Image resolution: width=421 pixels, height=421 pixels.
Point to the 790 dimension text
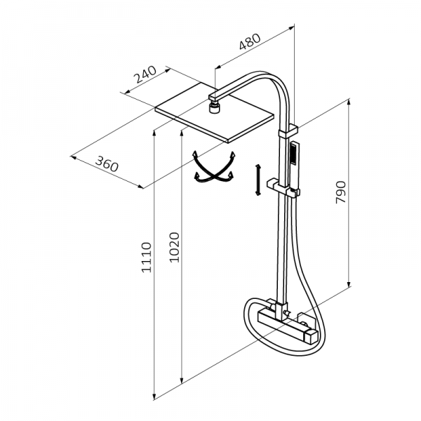coord(342,192)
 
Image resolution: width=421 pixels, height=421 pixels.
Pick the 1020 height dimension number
coord(175,248)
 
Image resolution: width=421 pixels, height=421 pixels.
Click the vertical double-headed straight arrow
coord(258,180)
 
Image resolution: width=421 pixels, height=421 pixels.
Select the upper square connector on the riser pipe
coord(289,130)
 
